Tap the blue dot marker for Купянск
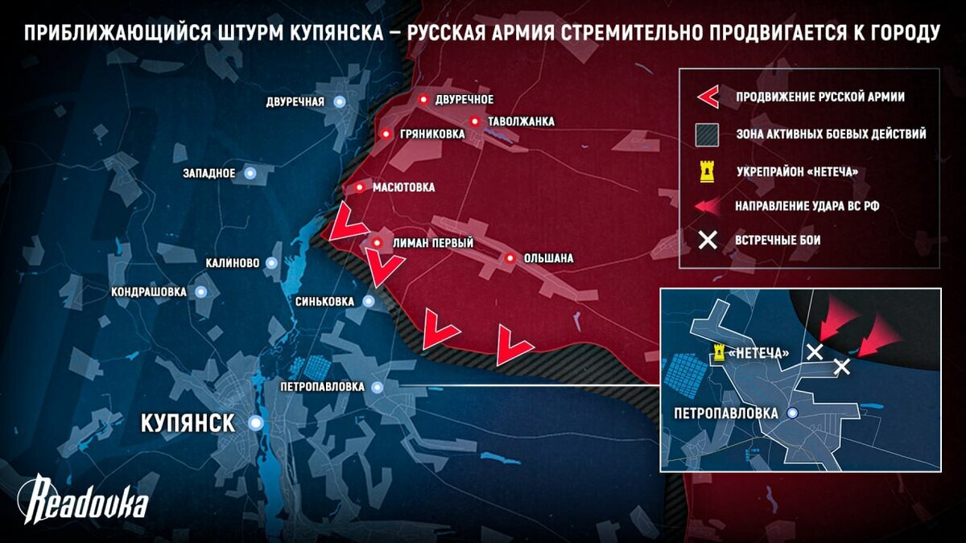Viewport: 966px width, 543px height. click(256, 422)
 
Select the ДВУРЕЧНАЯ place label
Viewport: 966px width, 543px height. click(295, 102)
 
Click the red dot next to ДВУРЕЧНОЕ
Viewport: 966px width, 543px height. click(423, 99)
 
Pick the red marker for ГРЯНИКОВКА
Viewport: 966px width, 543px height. click(386, 134)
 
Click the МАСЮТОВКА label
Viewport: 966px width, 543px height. click(403, 187)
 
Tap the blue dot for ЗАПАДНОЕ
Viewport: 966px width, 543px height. click(250, 172)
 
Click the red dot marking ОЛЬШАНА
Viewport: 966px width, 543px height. click(510, 258)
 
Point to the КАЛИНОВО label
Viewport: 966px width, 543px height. click(232, 263)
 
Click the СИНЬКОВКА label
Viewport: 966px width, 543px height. click(326, 302)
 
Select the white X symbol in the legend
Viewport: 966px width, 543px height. click(708, 240)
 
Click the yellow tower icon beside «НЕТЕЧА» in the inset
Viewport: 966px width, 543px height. click(719, 352)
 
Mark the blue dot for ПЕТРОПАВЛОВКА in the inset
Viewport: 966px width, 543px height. click(793, 413)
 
